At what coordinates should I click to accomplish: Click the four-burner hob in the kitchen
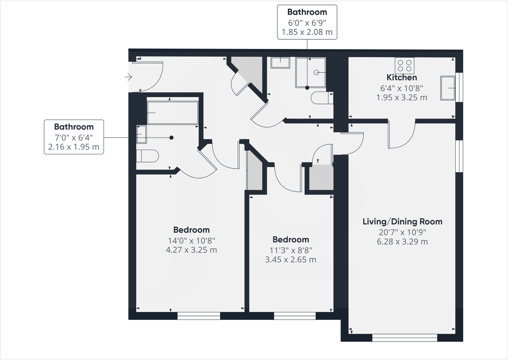(404, 65)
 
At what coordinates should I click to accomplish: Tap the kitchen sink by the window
(448, 88)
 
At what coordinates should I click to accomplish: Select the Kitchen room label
(402, 78)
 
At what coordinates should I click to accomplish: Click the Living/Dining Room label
(403, 221)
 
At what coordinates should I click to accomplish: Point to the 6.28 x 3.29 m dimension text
(402, 242)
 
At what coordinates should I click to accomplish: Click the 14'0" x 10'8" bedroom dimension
(191, 240)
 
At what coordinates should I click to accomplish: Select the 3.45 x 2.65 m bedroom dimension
(290, 260)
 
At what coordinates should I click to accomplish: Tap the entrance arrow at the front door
(128, 77)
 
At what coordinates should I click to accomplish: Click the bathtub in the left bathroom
(173, 113)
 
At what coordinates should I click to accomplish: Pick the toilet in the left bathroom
(147, 156)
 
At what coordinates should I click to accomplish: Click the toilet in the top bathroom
(322, 98)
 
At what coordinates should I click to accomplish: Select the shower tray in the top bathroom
(311, 73)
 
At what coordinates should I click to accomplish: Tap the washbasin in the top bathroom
(281, 63)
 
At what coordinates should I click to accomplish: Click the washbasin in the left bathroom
(141, 134)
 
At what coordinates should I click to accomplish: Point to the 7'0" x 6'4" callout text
(74, 137)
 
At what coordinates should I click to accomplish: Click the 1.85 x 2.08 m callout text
(307, 32)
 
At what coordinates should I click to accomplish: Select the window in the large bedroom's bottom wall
(199, 316)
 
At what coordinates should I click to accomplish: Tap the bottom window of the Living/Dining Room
(404, 338)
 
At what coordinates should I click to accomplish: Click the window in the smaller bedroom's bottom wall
(295, 316)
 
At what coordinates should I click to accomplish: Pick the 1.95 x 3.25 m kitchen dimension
(402, 97)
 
